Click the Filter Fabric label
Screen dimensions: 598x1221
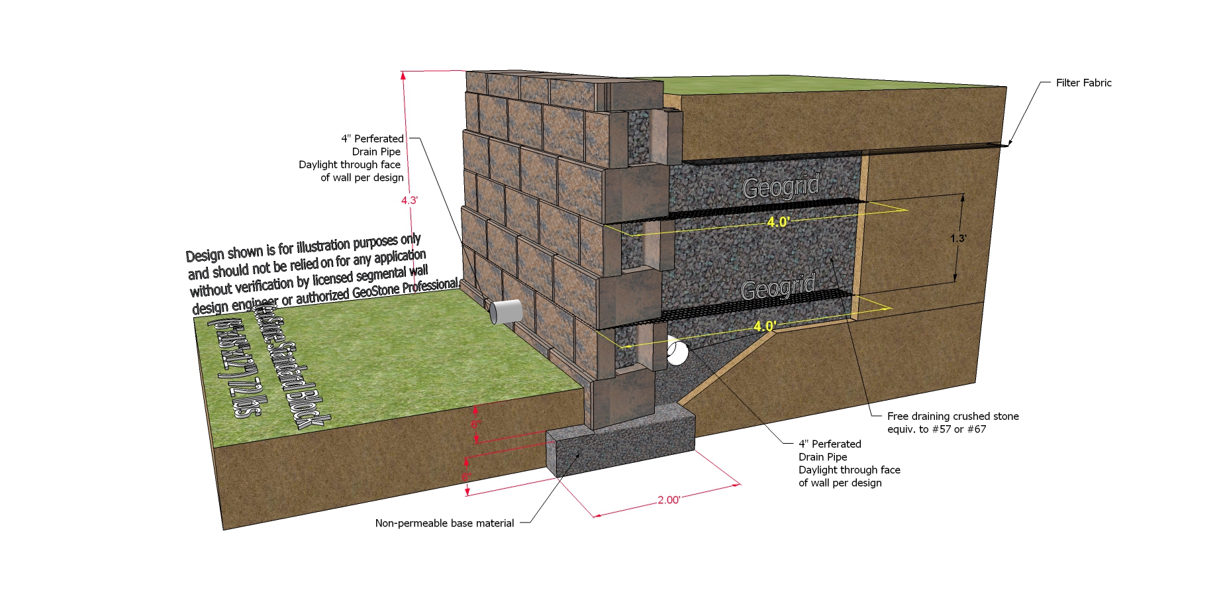[1083, 83]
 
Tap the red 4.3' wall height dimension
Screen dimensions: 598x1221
[409, 200]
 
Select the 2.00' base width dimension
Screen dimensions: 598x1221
[668, 500]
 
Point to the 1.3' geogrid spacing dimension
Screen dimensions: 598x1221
[958, 238]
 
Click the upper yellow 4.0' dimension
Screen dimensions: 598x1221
[778, 222]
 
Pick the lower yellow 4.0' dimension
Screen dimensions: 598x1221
[765, 326]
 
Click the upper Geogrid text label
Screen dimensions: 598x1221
[781, 187]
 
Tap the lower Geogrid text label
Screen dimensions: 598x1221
[778, 289]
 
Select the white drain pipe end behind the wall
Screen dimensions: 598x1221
[677, 352]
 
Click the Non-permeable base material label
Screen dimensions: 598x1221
[444, 523]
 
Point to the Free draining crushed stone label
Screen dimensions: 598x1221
[953, 417]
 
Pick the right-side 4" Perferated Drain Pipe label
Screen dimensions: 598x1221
[849, 463]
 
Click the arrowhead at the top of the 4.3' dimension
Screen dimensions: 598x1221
[403, 75]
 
